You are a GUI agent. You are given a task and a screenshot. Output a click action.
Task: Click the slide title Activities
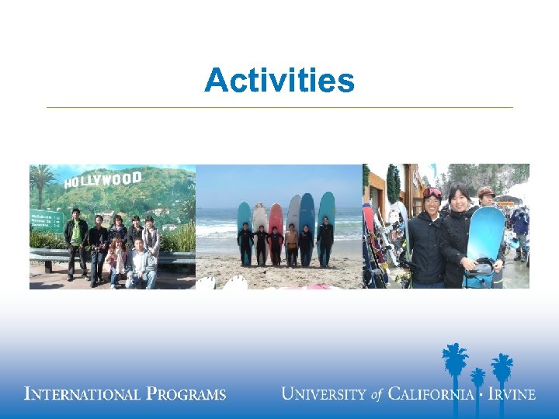[279, 80]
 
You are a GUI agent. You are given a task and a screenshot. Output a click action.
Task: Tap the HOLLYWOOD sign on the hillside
[102, 180]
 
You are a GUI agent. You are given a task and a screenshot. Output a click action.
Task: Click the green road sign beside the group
[46, 221]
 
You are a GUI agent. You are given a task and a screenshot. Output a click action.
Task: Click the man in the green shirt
[75, 237]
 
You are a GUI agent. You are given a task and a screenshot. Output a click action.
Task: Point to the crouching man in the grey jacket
[141, 264]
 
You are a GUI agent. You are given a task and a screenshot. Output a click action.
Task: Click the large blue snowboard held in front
[485, 237]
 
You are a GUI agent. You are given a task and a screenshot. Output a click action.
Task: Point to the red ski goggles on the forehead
[432, 192]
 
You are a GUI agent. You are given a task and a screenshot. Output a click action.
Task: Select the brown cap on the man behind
[486, 191]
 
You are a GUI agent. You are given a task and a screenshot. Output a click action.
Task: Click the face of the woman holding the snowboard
[458, 199]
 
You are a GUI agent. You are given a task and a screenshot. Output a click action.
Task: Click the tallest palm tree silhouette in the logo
[454, 365]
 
